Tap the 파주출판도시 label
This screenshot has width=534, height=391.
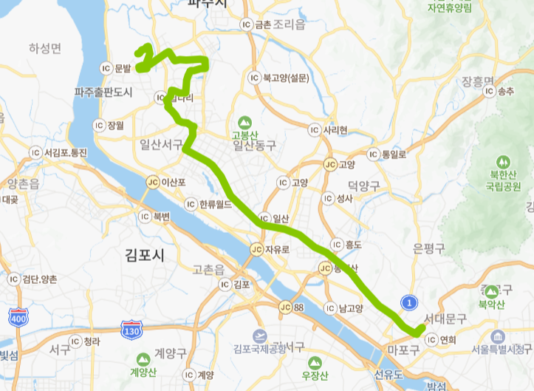pos(103,92)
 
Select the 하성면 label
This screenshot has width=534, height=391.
pos(46,48)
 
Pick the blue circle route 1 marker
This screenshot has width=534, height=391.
pos(408,302)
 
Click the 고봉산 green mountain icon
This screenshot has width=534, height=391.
pos(242,122)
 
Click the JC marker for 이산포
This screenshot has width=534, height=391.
pos(153,182)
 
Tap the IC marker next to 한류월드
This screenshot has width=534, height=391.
pos(193,203)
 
